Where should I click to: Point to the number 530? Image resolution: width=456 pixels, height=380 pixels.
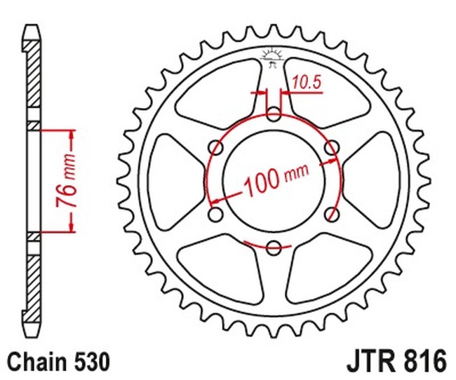point(90,362)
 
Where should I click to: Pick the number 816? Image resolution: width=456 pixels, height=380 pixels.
point(424,362)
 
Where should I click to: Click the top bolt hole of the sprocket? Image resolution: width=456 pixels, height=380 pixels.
point(274,113)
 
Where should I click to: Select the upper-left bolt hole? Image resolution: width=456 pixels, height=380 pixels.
point(216,147)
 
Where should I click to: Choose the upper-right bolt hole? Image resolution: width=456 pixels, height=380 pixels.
point(333,147)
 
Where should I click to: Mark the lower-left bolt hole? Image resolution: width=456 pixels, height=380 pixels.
point(216,213)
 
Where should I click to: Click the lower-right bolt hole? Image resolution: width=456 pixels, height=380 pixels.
point(333,213)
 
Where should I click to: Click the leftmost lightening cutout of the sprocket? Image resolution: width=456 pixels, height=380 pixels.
point(170,179)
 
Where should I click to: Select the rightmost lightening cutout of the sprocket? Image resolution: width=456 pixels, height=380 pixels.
point(378,179)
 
